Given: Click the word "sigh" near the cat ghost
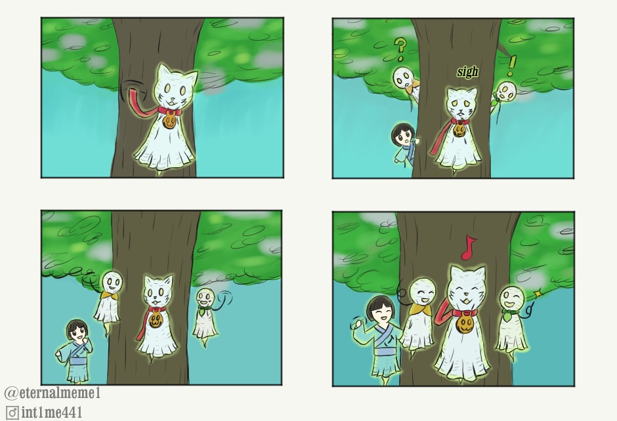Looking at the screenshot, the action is point(467,71).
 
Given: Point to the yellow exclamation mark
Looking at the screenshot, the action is point(511,66).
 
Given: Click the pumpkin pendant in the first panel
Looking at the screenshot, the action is point(169,120).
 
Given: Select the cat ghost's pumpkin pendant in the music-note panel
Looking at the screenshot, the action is point(465,324).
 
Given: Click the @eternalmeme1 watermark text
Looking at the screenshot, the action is point(53,393).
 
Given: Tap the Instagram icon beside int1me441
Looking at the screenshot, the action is point(12,413).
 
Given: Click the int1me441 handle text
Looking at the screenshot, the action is point(52,412).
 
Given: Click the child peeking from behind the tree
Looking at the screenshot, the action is point(404,143).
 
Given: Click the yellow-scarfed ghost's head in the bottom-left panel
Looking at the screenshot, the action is point(112,282).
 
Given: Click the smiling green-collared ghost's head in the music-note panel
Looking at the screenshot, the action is point(512,298).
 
